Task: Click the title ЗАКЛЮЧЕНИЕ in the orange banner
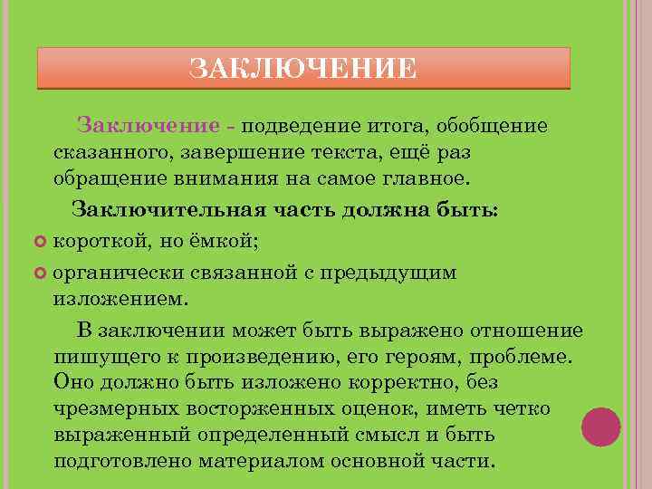[303, 69]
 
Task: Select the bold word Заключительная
[168, 210]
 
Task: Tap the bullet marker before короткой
[39, 240]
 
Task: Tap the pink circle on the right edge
[600, 427]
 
